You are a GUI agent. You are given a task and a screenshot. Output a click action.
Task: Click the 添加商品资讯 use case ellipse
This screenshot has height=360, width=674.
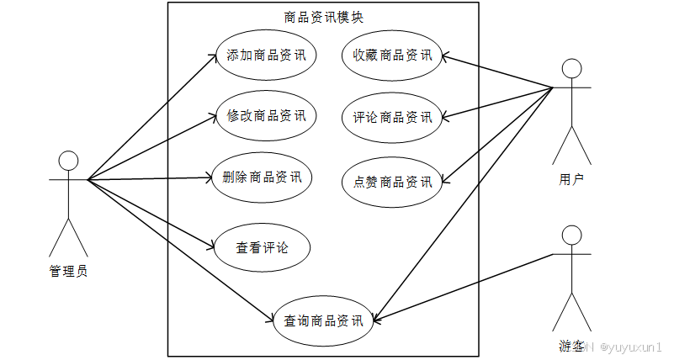[x=265, y=56]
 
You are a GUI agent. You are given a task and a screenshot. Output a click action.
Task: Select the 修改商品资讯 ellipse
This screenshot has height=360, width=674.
[x=265, y=115]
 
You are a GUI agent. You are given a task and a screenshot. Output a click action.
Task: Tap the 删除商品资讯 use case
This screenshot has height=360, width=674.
[x=262, y=177]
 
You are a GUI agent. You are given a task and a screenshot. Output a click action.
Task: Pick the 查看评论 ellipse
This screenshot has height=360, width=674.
[x=262, y=248]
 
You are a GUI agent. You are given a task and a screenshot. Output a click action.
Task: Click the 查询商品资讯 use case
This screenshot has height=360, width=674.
[x=323, y=320]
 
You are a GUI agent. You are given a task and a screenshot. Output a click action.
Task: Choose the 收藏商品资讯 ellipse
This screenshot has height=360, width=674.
[x=392, y=56]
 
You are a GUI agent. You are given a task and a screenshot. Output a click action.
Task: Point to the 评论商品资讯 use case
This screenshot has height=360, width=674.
[x=392, y=117]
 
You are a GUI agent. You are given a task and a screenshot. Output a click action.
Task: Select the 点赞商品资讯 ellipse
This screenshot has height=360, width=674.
[x=392, y=181]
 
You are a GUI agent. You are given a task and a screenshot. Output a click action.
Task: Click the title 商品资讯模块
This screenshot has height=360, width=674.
[x=323, y=17]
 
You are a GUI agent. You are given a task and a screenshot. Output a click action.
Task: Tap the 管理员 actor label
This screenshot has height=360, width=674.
[x=69, y=271]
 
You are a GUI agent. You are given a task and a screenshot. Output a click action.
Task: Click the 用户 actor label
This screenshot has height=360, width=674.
[x=571, y=178]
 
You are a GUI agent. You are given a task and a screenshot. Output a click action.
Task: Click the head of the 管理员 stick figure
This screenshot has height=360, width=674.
[x=67, y=161]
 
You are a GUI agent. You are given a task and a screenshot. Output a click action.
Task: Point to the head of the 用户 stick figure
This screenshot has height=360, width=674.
[x=571, y=68]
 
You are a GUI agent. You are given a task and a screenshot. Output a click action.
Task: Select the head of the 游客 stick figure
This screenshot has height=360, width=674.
[x=572, y=235]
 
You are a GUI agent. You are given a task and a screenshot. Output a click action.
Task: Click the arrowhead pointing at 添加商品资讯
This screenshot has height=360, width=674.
[x=213, y=56]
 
